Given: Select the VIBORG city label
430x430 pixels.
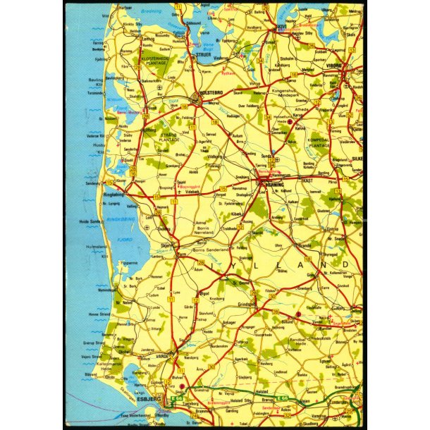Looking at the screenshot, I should (x=333, y=66).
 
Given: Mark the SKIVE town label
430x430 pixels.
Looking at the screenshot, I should (x=281, y=27).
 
